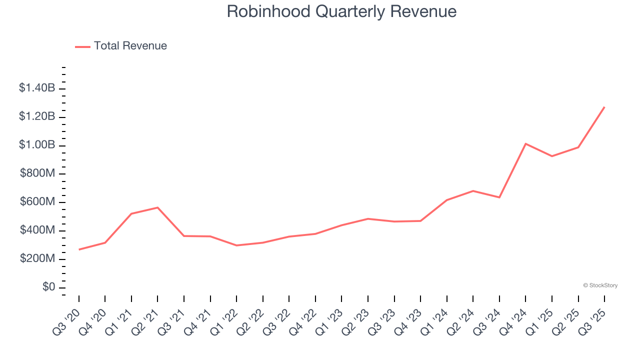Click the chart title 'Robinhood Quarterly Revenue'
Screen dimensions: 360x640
point(341,11)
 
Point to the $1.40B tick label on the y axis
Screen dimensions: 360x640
point(37,88)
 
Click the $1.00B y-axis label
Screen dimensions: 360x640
point(37,145)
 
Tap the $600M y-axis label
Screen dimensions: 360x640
point(38,202)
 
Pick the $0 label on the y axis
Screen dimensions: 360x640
point(48,287)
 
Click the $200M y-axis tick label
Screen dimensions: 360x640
point(38,259)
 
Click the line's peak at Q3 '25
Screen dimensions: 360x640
point(604,107)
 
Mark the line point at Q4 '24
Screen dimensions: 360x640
point(525,143)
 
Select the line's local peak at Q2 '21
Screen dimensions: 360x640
point(157,207)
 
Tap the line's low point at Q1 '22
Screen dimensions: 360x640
point(236,245)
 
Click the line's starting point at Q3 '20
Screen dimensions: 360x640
point(79,249)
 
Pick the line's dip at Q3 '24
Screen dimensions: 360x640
point(499,197)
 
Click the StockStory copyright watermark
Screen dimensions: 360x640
point(600,285)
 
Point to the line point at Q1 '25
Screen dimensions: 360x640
point(552,156)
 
